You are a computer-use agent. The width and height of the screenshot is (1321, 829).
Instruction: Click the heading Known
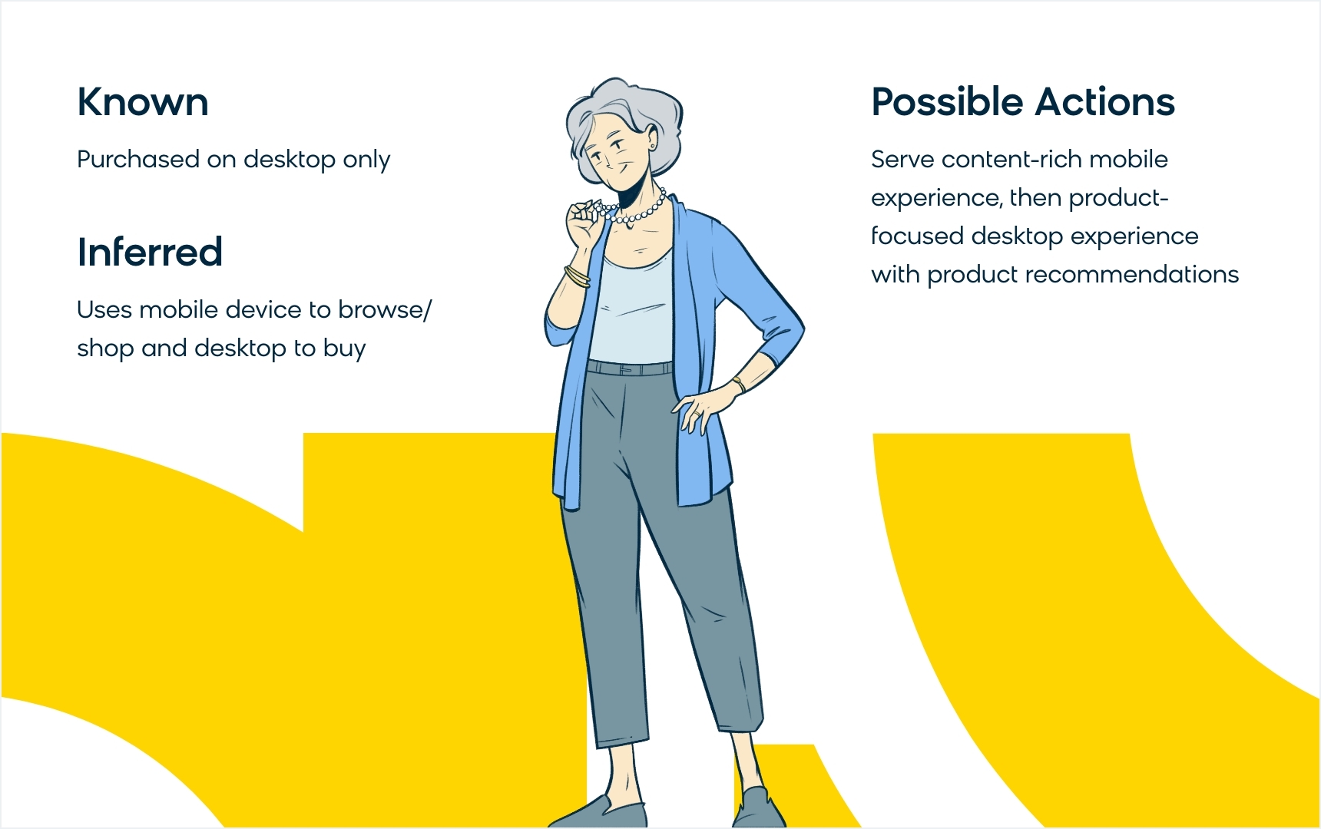[143, 102]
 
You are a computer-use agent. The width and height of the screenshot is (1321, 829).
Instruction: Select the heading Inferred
[150, 252]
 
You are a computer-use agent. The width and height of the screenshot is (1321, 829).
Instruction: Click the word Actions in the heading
[1104, 102]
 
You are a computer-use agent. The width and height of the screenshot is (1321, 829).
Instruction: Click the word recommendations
[1132, 274]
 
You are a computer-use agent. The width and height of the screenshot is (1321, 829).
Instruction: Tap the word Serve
[902, 159]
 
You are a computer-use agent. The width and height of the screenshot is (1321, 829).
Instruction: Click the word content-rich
[1012, 159]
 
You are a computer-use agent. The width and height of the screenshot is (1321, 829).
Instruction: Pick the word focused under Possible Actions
[917, 236]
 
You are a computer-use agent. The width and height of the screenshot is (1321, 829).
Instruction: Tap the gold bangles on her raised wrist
[577, 276]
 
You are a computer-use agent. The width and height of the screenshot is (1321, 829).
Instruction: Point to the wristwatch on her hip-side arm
[738, 383]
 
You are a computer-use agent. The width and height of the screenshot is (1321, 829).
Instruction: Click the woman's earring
[653, 146]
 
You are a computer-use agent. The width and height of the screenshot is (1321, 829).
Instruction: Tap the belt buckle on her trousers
[626, 370]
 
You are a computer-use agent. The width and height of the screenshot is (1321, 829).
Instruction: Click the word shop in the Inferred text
[106, 348]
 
